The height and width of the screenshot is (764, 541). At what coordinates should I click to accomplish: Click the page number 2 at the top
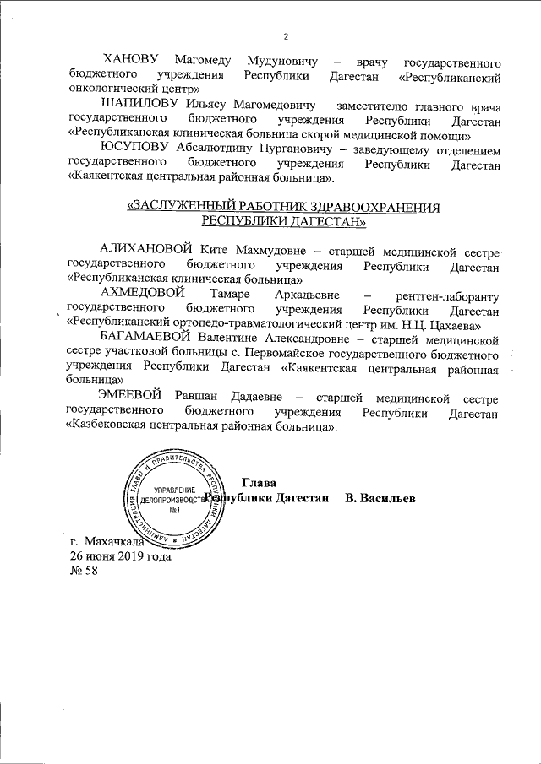pyautogui.click(x=286, y=36)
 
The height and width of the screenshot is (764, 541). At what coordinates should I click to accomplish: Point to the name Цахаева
pyautogui.click(x=454, y=322)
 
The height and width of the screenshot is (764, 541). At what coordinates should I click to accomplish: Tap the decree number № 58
pyautogui.click(x=84, y=571)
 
